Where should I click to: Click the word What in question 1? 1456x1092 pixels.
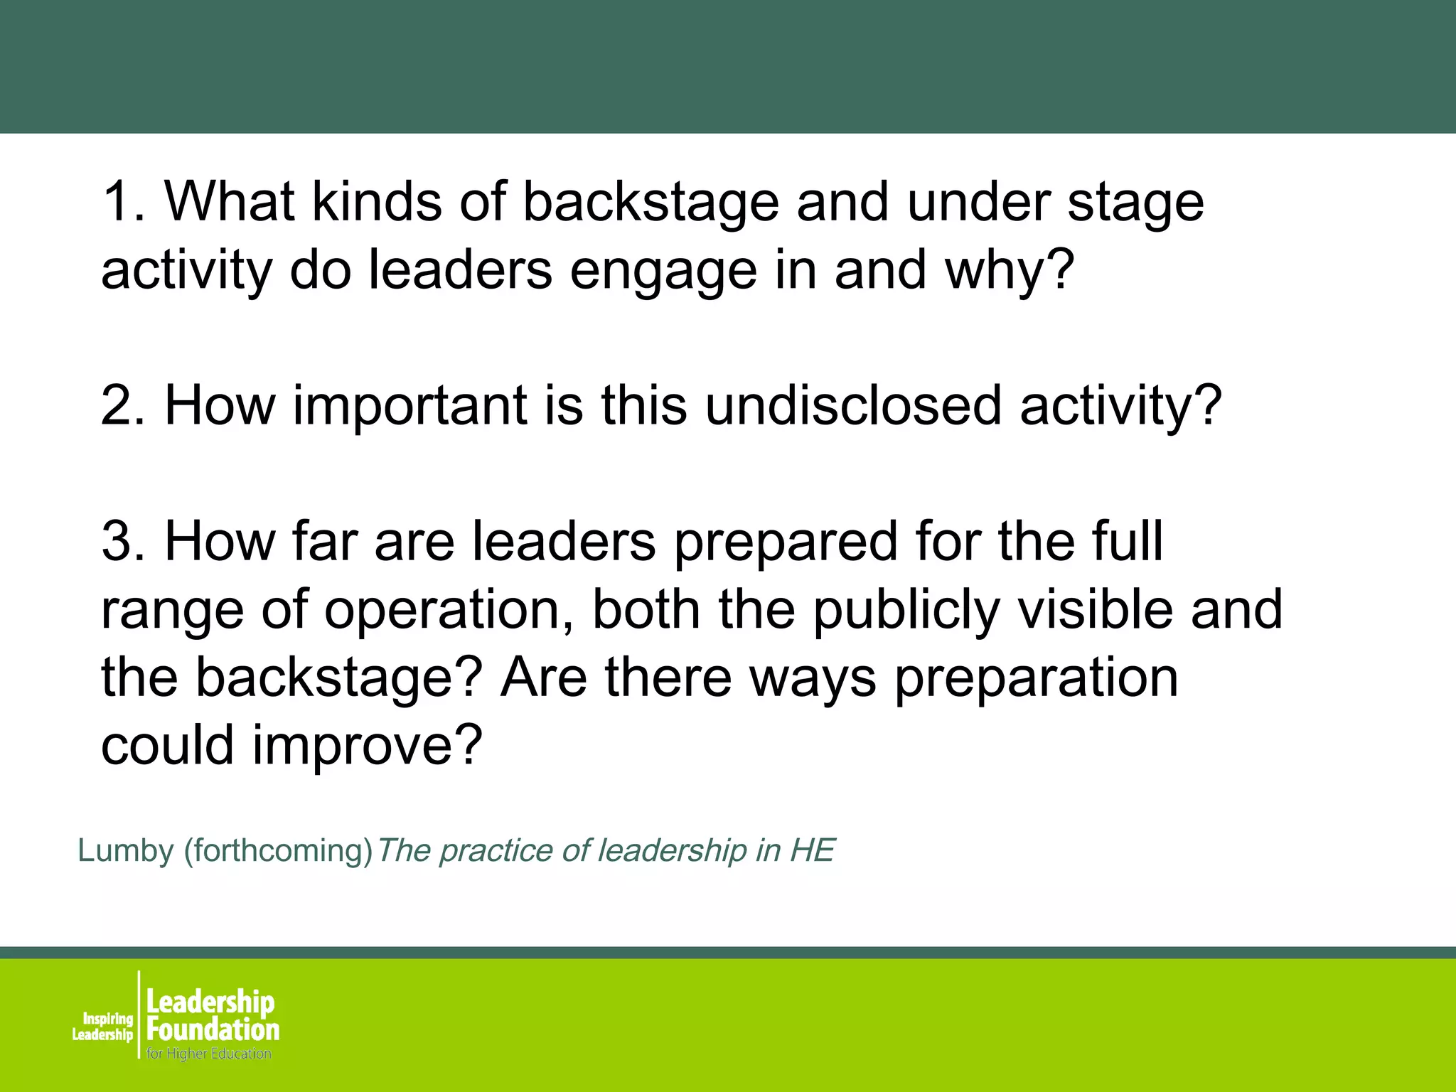click(x=230, y=202)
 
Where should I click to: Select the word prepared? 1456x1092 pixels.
click(x=785, y=542)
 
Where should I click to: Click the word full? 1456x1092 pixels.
click(x=1128, y=542)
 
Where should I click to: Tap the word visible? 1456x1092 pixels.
click(x=1096, y=610)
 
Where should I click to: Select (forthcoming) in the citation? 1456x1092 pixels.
click(x=278, y=851)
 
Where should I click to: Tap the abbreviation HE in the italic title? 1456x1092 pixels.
click(x=812, y=851)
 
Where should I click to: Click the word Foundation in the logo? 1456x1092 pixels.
click(x=213, y=1029)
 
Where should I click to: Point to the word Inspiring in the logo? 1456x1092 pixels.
click(x=108, y=1019)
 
